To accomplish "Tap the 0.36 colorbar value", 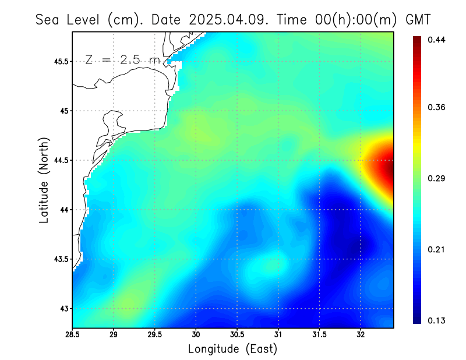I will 436,107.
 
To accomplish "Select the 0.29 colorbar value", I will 436,178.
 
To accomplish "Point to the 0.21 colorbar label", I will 436,249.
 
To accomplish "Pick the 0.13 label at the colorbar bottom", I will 436,320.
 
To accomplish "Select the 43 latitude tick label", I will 63,308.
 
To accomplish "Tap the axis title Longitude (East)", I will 232,349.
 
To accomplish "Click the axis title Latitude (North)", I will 44,179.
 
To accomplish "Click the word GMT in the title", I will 418,19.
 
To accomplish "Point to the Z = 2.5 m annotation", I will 122,59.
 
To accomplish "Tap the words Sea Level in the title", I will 69,19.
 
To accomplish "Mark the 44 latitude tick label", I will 63,210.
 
